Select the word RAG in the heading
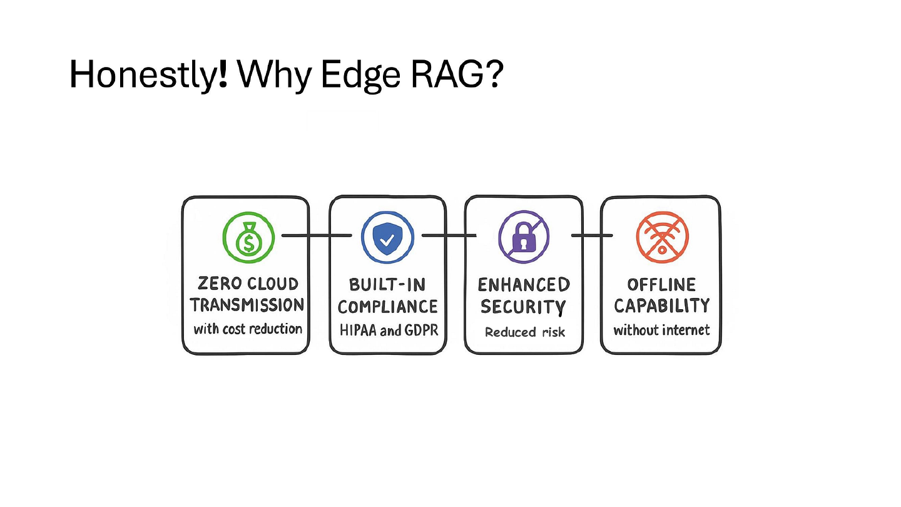(x=448, y=74)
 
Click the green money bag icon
(x=248, y=237)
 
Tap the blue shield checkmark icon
(x=387, y=237)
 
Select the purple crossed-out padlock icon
(x=524, y=237)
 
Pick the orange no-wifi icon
(x=662, y=237)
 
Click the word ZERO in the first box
(x=220, y=284)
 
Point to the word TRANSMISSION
(x=247, y=305)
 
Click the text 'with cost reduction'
(x=248, y=329)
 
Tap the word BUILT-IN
(x=387, y=285)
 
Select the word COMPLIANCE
(x=388, y=307)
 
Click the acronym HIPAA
(x=359, y=330)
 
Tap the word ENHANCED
(x=524, y=285)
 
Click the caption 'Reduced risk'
(x=525, y=332)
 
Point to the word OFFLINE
(x=662, y=285)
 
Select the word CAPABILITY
(x=662, y=306)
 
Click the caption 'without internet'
(x=662, y=330)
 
